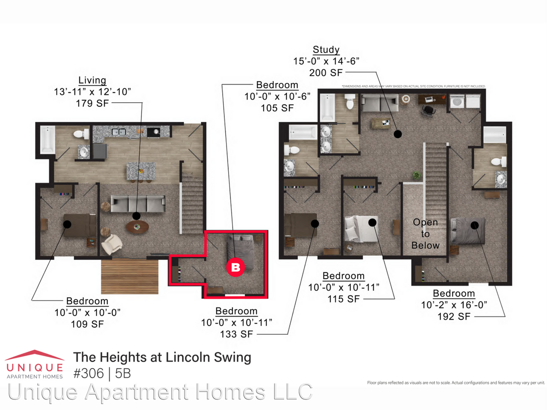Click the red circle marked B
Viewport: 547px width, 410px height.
point(235,267)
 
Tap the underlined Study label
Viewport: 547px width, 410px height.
point(326,50)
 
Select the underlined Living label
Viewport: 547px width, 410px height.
point(92,80)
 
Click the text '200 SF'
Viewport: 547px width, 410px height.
point(326,73)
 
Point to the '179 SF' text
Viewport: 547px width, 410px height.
point(92,103)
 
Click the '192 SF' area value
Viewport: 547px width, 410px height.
point(454,316)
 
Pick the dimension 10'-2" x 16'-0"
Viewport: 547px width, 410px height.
point(454,305)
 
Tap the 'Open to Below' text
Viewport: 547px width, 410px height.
point(425,234)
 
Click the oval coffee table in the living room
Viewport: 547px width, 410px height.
point(137,227)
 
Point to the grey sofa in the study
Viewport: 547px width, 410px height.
point(380,103)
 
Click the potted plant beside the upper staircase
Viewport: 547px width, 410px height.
point(416,175)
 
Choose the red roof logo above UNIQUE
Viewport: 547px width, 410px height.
point(34,355)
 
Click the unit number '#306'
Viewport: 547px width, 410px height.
point(88,373)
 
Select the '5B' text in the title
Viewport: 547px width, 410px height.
point(123,373)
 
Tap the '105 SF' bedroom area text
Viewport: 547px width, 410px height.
point(277,108)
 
